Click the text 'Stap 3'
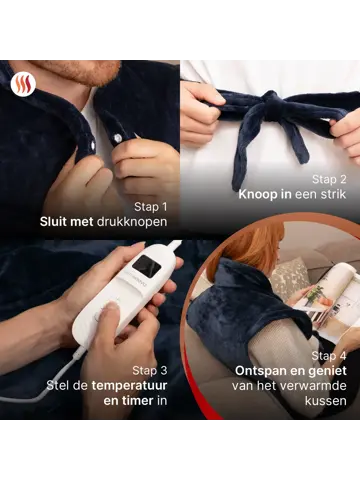click(x=149, y=368)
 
